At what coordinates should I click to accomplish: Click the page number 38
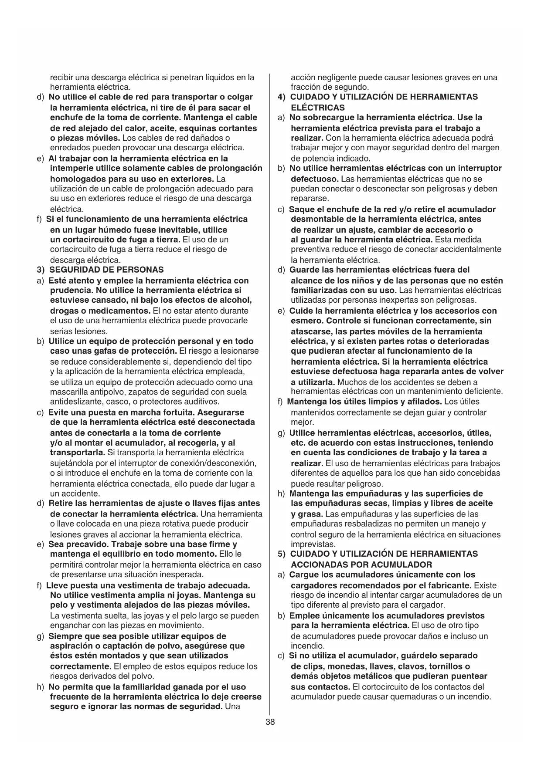click(x=270, y=722)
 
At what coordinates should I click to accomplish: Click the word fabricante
click(x=448, y=585)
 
